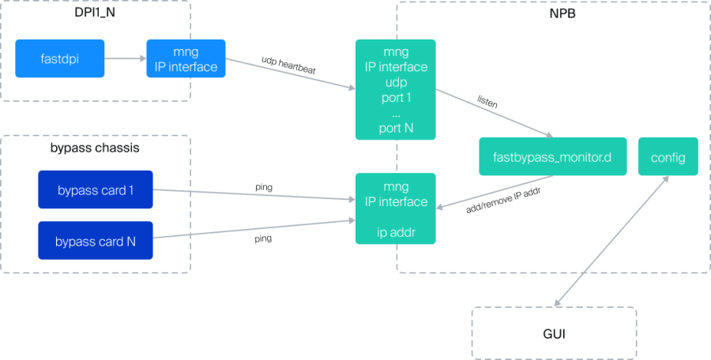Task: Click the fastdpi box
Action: click(60, 58)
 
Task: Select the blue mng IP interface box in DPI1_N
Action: click(186, 58)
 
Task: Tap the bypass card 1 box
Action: click(95, 189)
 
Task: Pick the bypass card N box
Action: click(95, 241)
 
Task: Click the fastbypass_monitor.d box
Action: click(553, 156)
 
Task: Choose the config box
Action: click(668, 156)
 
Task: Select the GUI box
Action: click(554, 334)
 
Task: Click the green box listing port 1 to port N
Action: click(395, 89)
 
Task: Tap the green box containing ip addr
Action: click(395, 208)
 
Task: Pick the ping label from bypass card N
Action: click(263, 237)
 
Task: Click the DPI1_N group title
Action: click(95, 13)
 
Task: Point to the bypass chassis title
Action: click(95, 148)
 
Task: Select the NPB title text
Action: click(554, 14)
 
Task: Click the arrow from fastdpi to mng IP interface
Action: click(125, 58)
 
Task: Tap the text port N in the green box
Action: click(395, 127)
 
